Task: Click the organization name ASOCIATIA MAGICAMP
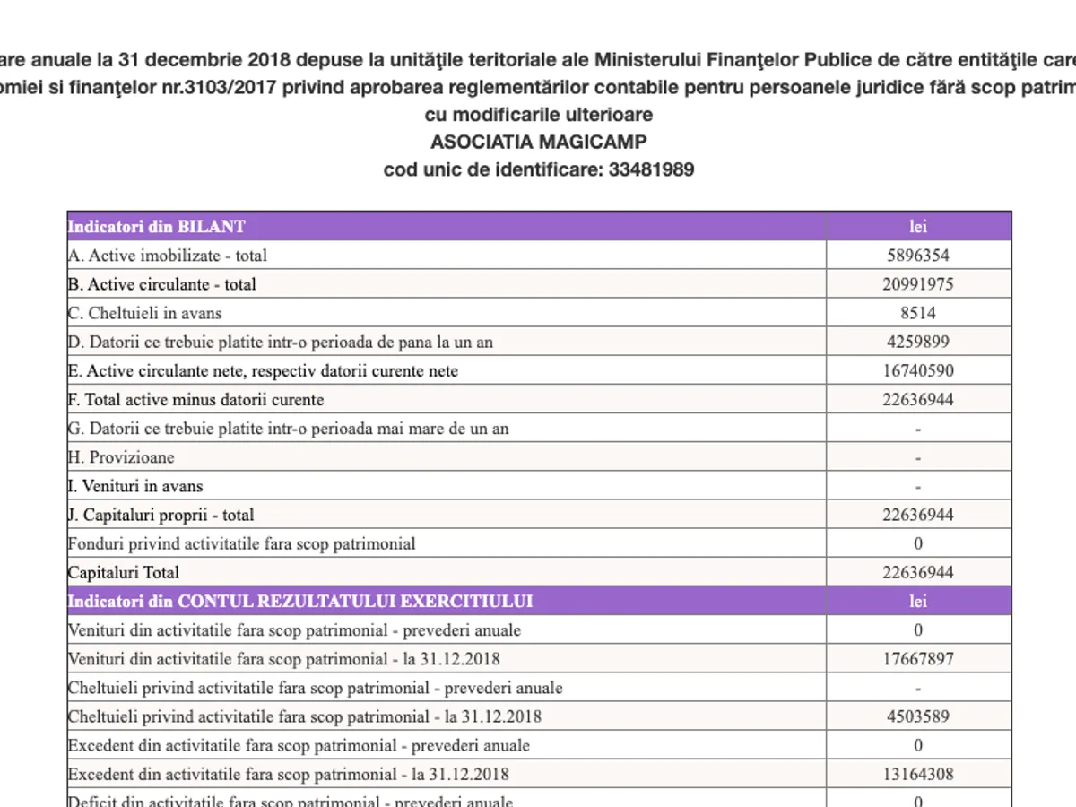pos(538,142)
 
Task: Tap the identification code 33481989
pos(651,169)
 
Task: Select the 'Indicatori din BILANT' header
pos(157,226)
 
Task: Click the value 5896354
pos(918,256)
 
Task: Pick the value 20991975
pos(918,284)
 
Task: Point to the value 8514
pos(918,313)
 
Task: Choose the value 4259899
pos(918,342)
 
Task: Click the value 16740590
pos(918,370)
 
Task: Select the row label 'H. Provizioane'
pos(121,457)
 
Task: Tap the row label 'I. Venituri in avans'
pos(135,486)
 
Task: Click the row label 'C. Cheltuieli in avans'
pos(144,313)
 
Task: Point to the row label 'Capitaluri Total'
pos(124,572)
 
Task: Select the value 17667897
pos(918,659)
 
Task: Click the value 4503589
pos(918,716)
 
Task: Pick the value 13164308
pos(918,774)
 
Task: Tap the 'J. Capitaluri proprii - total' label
pos(161,515)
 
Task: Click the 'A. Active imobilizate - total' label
pos(168,256)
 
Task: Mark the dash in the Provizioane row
pos(918,457)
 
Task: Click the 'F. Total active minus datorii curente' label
pos(195,400)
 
